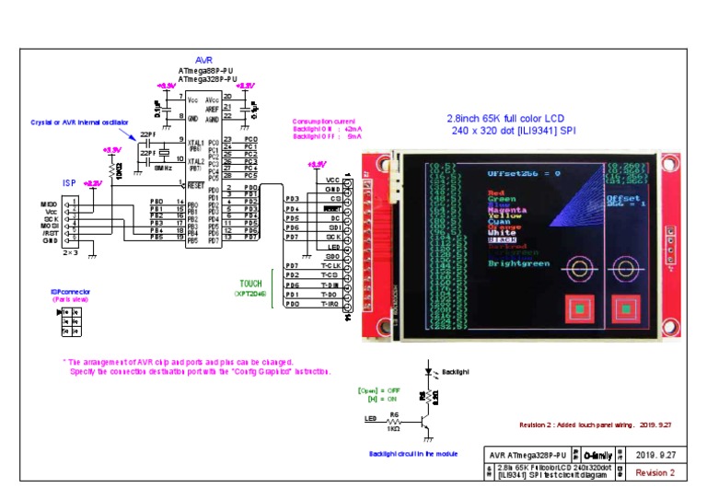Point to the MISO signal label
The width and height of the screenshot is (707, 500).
point(49,203)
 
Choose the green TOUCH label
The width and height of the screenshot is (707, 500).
point(249,284)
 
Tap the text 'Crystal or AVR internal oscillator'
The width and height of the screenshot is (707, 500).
point(78,122)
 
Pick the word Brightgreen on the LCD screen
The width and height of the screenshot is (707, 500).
point(519,263)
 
